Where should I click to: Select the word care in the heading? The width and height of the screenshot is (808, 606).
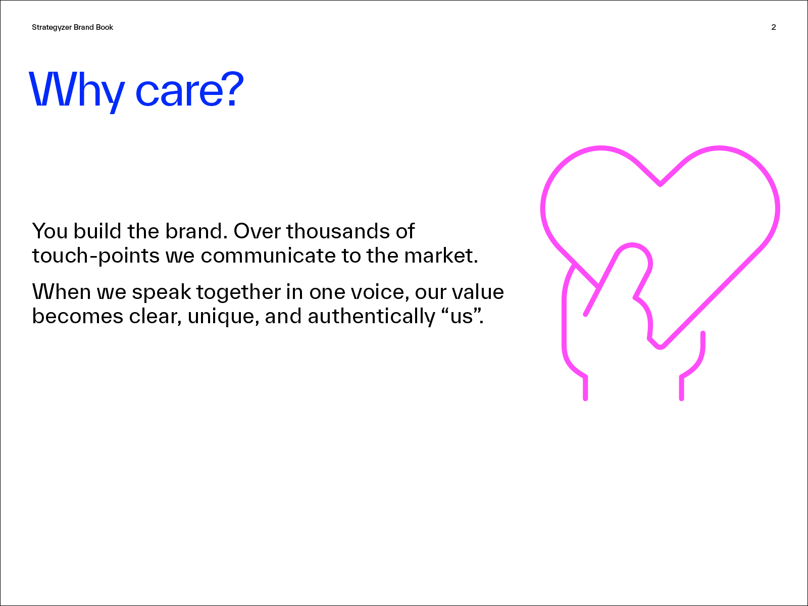pos(177,92)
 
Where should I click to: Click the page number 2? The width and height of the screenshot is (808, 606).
pos(773,27)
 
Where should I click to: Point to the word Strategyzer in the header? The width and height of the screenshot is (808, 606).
pos(52,28)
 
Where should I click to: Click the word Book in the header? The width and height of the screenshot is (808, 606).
pos(104,27)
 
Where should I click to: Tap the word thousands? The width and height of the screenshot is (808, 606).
pos(338,231)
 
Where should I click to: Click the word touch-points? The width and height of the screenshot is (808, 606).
pos(96,256)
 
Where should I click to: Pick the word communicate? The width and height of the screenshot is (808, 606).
pos(268,256)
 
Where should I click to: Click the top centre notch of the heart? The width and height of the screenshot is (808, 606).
pos(660,184)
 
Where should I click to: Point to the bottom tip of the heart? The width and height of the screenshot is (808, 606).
pos(660,346)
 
